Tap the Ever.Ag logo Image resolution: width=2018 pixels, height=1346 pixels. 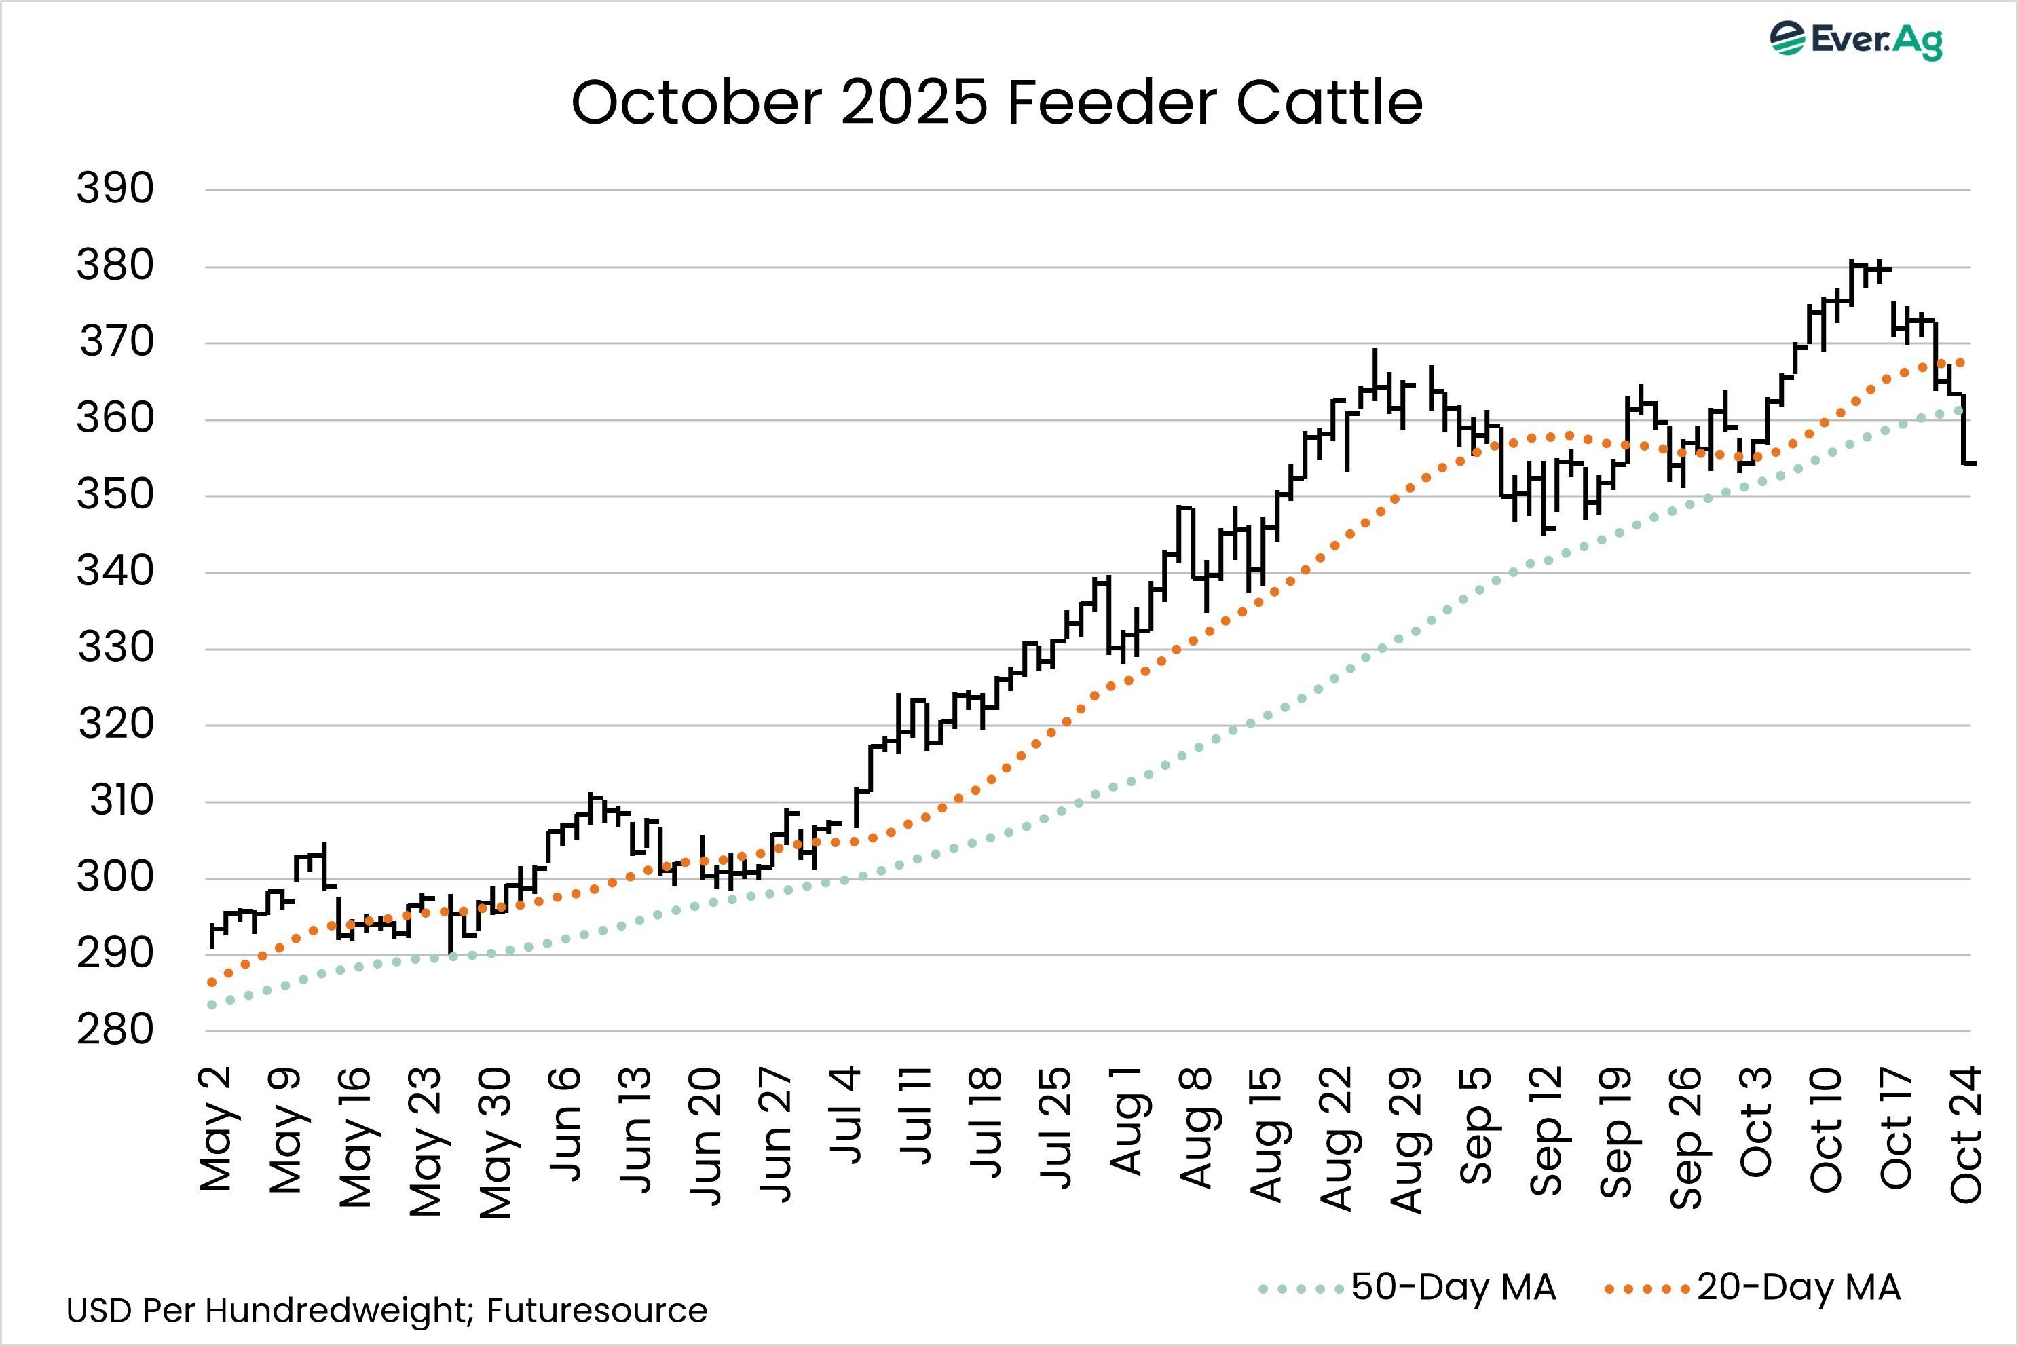click(x=1856, y=39)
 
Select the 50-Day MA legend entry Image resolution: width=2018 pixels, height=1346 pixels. click(x=1408, y=1288)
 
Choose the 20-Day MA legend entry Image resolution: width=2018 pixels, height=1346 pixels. click(x=1753, y=1288)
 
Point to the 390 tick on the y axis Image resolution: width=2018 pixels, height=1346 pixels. click(x=115, y=188)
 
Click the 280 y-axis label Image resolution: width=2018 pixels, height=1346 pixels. click(x=115, y=1029)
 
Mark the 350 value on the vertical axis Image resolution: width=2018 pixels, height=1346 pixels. click(x=115, y=494)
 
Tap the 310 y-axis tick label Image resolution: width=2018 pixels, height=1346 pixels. click(x=121, y=800)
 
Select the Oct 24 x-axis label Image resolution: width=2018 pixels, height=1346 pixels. click(x=1966, y=1134)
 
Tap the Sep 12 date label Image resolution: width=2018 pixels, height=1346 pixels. click(x=1546, y=1131)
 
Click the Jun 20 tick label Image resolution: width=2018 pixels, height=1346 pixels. click(x=705, y=1136)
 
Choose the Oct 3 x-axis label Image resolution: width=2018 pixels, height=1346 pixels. click(x=1756, y=1121)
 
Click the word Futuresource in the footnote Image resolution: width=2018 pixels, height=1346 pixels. click(x=597, y=1311)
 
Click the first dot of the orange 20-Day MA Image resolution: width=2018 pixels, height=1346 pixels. click(x=212, y=982)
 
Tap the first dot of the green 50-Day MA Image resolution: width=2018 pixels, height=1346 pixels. click(x=212, y=1005)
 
